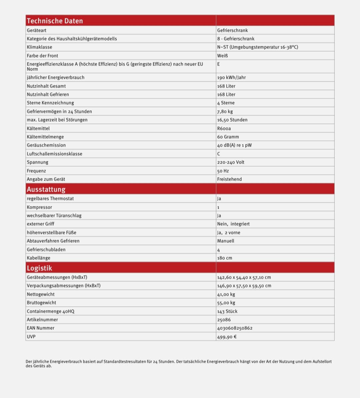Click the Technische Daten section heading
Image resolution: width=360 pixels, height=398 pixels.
point(55,21)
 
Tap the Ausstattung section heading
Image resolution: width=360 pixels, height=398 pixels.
point(46,189)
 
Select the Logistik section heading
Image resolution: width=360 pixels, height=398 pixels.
point(39,268)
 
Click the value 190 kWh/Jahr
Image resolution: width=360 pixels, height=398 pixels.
point(231,77)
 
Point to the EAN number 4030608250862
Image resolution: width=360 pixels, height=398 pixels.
point(235,328)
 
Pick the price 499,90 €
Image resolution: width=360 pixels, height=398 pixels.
point(227,337)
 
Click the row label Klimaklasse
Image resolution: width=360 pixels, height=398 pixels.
point(39,47)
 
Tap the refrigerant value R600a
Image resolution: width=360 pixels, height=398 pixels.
point(224,128)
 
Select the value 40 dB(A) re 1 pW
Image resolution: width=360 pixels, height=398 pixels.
point(234,145)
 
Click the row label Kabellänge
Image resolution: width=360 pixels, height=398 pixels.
point(39,258)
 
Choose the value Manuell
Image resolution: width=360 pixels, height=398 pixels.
point(226,241)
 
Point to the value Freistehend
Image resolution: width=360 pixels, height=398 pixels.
point(229,179)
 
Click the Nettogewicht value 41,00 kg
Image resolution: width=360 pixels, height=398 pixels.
point(226,294)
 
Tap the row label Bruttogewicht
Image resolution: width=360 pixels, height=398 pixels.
point(41,303)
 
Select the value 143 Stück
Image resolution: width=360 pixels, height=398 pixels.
point(227,311)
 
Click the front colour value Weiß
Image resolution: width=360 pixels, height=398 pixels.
point(222,56)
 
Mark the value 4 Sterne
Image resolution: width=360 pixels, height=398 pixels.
point(226,103)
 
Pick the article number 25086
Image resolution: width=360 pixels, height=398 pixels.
point(224,320)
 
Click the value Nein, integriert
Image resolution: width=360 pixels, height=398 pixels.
point(233,224)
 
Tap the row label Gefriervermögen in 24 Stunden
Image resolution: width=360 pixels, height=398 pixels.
point(59,111)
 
